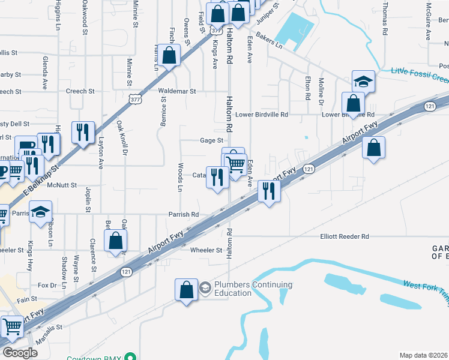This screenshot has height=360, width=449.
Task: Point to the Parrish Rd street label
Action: pyautogui.click(x=183, y=214)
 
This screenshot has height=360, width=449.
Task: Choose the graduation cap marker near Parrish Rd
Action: pyautogui.click(x=41, y=212)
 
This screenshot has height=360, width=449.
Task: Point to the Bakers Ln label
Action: pyautogui.click(x=268, y=41)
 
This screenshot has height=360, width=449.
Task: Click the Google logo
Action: pyautogui.click(x=20, y=353)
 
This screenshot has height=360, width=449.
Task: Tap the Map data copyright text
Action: pyautogui.click(x=424, y=355)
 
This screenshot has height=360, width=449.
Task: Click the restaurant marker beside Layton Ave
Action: pyautogui.click(x=83, y=132)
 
